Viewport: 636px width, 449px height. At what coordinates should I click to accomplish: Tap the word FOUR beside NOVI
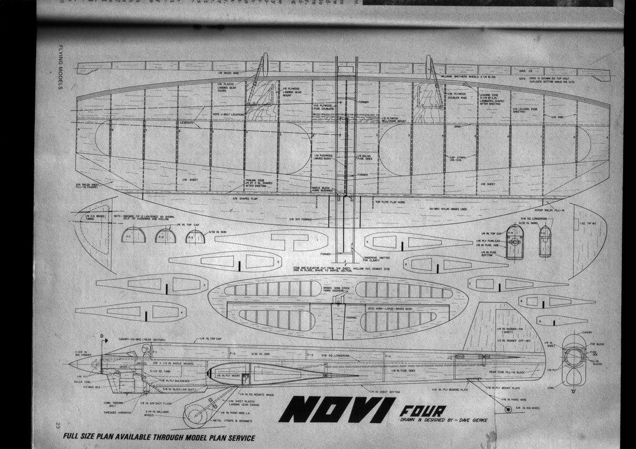coord(418,409)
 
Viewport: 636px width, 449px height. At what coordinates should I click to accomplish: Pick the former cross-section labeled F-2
coord(166,236)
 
